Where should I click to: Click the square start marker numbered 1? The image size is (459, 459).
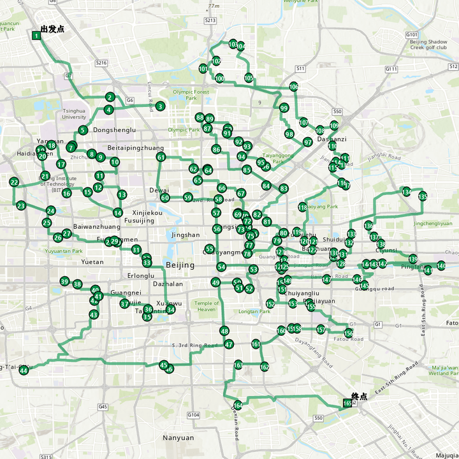(x=36, y=36)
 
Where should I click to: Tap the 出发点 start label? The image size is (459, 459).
(x=52, y=29)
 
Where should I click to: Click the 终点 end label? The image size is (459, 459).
(x=360, y=396)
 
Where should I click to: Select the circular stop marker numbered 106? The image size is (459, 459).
(x=293, y=87)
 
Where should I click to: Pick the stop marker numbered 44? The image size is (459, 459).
(x=24, y=370)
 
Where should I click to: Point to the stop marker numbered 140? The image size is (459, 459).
(x=441, y=266)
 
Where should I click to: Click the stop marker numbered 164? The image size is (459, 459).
(x=238, y=405)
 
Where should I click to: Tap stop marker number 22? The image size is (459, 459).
(x=14, y=182)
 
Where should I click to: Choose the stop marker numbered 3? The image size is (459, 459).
(x=160, y=106)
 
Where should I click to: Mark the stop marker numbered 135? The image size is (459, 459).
(x=423, y=197)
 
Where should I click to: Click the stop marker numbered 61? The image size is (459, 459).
(x=161, y=157)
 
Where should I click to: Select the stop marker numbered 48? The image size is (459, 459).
(x=224, y=331)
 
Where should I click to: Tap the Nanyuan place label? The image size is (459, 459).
(x=178, y=438)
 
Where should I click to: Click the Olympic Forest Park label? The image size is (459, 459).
(x=191, y=95)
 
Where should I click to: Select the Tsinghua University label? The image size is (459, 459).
(x=74, y=113)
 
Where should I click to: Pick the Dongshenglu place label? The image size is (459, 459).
(x=115, y=130)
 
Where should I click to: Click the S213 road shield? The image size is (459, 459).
(x=210, y=20)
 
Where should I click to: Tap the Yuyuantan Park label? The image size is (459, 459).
(x=64, y=251)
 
